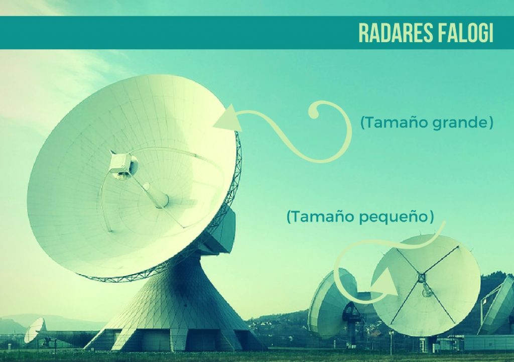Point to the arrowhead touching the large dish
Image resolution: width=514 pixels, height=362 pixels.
[x=228, y=118]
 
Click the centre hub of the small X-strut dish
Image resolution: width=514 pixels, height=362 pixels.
[x=420, y=278]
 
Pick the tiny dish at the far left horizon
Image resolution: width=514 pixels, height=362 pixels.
[x=35, y=329]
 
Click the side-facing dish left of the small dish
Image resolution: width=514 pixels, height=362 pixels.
[x=331, y=302]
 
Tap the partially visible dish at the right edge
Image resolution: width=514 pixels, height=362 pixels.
[x=497, y=305]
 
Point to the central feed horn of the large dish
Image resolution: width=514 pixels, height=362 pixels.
[x=159, y=196]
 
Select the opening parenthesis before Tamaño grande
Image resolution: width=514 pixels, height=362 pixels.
[x=362, y=123]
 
